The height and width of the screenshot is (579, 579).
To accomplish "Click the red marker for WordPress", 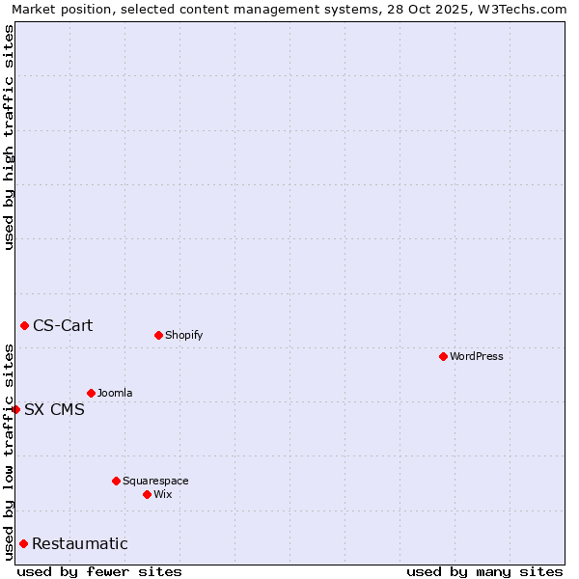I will coord(443,356).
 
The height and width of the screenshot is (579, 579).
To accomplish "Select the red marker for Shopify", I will coord(158,335).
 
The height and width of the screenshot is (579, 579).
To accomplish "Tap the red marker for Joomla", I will coord(91,393).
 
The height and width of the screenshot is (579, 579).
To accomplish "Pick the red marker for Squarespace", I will coord(116,481).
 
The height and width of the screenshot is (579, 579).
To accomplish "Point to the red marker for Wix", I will coord(147,494).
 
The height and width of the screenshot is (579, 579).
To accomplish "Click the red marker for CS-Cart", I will coord(24,325).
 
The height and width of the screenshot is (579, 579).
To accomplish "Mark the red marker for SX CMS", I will coord(15,409).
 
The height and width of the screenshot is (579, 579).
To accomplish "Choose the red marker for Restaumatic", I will coord(23,543).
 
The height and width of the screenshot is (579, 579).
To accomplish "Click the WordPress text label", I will coord(477,356).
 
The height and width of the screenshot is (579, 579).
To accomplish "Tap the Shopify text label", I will coord(184,335).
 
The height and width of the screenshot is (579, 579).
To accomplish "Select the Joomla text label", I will coord(115,393).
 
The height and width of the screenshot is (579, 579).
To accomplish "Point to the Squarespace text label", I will coord(155,481).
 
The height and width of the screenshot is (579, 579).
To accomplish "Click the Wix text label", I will coord(163,494).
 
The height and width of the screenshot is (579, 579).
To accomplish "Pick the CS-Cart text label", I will coord(63,325).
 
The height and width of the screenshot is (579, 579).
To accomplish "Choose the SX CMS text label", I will coord(54,409).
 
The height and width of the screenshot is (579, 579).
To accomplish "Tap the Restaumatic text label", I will coord(80,543).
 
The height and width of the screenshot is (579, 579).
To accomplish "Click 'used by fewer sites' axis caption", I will coord(99,571).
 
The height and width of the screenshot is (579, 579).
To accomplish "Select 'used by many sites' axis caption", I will coord(484,571).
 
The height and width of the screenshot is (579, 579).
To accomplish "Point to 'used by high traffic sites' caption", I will coord(9,137).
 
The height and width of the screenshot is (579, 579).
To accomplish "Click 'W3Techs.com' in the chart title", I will coord(525,9).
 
